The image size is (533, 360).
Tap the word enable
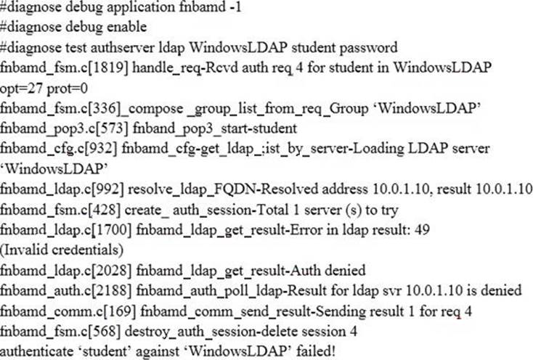click(127, 27)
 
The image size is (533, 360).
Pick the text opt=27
click(21, 89)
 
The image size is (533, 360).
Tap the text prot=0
click(67, 89)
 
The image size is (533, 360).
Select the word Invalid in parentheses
click(26, 250)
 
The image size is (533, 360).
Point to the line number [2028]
click(111, 270)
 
